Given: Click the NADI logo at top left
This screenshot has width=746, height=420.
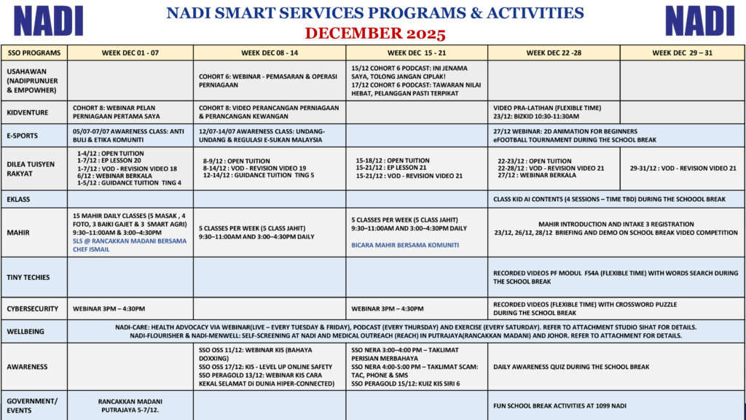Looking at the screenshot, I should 48,20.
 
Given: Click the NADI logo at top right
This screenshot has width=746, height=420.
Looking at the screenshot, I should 699,20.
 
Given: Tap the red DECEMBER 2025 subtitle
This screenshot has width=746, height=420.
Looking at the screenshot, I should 374,34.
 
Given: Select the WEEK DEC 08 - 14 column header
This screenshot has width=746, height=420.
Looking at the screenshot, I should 269,52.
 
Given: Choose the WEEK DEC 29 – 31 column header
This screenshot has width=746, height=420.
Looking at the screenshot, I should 682,52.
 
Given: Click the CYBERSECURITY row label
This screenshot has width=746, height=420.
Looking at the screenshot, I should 32,308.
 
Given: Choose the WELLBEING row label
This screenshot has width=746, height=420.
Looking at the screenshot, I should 25,331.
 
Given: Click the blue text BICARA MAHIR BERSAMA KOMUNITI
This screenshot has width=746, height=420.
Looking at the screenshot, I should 406,245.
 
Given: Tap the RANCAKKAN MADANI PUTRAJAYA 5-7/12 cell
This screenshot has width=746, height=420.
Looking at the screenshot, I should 130,405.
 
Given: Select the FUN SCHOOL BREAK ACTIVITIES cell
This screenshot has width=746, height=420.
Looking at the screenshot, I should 559,405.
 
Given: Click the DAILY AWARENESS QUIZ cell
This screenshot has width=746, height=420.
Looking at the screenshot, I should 571,367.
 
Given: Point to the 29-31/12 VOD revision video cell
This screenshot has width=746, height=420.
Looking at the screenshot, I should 683,168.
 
